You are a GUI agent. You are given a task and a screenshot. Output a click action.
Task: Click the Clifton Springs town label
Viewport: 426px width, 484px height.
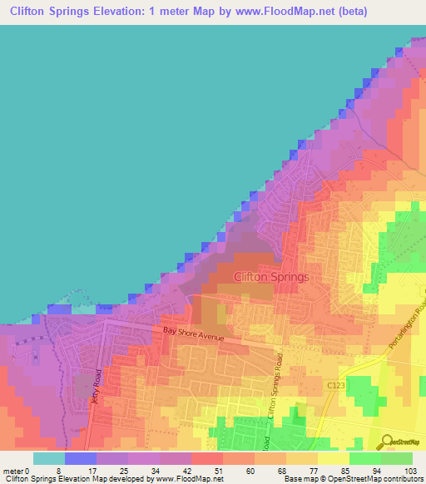pyautogui.click(x=272, y=277)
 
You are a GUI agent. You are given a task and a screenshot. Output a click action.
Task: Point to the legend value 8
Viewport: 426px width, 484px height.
pyautogui.click(x=57, y=471)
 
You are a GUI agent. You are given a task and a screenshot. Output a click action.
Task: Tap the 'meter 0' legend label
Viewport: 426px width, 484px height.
pyautogui.click(x=16, y=471)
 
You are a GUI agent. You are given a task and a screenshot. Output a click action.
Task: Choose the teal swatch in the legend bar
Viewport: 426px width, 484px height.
pyautogui.click(x=49, y=458)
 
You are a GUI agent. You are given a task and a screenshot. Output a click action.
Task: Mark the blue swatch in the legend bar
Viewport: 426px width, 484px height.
pyautogui.click(x=81, y=458)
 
